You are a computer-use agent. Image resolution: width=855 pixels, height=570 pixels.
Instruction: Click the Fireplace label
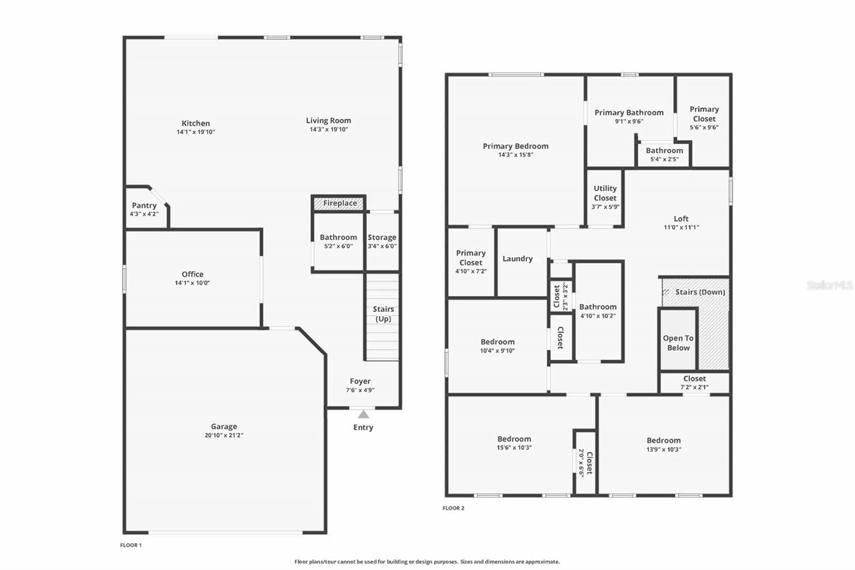tap(339, 203)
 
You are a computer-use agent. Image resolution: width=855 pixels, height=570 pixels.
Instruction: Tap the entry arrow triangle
tap(363, 414)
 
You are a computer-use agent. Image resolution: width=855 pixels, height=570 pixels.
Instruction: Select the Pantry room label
tap(144, 205)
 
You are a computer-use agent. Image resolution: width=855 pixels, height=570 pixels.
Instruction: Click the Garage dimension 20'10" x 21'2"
tap(223, 435)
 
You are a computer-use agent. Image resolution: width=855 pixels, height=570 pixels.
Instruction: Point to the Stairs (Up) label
tap(383, 314)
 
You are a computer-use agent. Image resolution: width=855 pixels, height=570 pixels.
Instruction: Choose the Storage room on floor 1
tap(382, 241)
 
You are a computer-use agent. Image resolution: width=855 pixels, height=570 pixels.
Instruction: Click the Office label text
tap(192, 274)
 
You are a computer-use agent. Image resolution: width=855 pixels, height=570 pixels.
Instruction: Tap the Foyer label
tap(360, 381)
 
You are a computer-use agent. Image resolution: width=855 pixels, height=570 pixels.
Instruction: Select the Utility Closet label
tap(605, 193)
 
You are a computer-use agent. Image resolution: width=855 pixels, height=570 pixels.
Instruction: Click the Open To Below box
tap(678, 343)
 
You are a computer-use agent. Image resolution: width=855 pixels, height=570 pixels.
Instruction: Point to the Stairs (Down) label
tap(699, 292)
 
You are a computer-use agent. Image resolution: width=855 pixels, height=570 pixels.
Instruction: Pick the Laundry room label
tap(517, 258)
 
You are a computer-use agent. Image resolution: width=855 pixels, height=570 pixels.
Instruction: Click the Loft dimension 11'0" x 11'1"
tap(681, 227)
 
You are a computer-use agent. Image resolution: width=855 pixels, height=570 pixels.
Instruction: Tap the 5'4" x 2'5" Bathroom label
tap(664, 155)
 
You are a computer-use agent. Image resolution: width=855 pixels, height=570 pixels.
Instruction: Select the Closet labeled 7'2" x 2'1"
tap(694, 382)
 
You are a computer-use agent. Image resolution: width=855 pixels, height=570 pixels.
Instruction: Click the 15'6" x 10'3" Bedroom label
tap(514, 443)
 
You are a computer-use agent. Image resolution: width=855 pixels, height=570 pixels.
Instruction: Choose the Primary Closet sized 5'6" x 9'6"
tap(704, 118)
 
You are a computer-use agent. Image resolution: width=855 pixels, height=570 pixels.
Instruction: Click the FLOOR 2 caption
tap(453, 508)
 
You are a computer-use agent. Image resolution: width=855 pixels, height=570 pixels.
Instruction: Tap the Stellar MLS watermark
tap(829, 286)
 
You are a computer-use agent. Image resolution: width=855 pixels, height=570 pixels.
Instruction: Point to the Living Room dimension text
tap(329, 129)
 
